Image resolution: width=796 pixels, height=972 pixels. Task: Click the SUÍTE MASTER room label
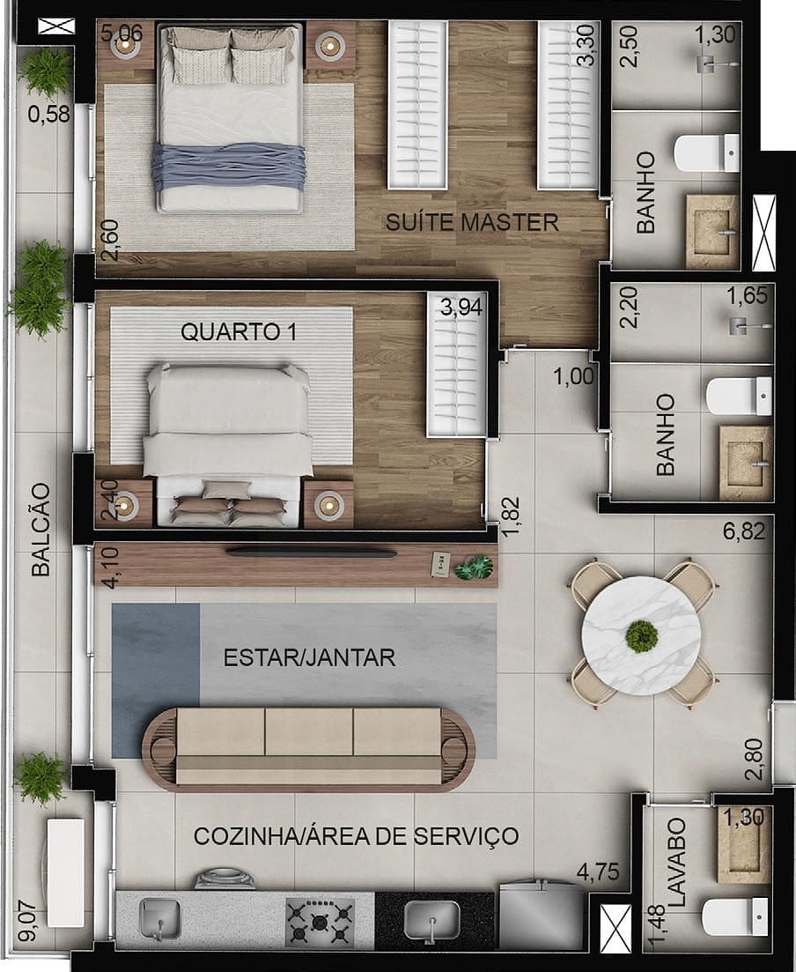pyautogui.click(x=472, y=222)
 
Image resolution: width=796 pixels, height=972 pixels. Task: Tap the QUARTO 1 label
pyautogui.click(x=238, y=332)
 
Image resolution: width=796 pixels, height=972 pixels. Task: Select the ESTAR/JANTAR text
pyautogui.click(x=309, y=657)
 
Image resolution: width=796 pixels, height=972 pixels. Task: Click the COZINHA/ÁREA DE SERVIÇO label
pyautogui.click(x=356, y=835)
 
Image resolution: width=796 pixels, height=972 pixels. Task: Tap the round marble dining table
pyautogui.click(x=642, y=634)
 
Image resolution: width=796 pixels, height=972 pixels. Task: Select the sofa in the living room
pyautogui.click(x=308, y=745)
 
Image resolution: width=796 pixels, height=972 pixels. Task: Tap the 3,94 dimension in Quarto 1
pyautogui.click(x=462, y=308)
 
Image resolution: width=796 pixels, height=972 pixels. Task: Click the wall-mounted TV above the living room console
pyautogui.click(x=312, y=553)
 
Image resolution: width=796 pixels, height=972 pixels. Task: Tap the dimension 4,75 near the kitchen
pyautogui.click(x=598, y=873)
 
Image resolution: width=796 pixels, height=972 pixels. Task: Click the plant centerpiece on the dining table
pyautogui.click(x=642, y=634)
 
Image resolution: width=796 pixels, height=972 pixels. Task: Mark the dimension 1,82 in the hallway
pyautogui.click(x=511, y=510)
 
